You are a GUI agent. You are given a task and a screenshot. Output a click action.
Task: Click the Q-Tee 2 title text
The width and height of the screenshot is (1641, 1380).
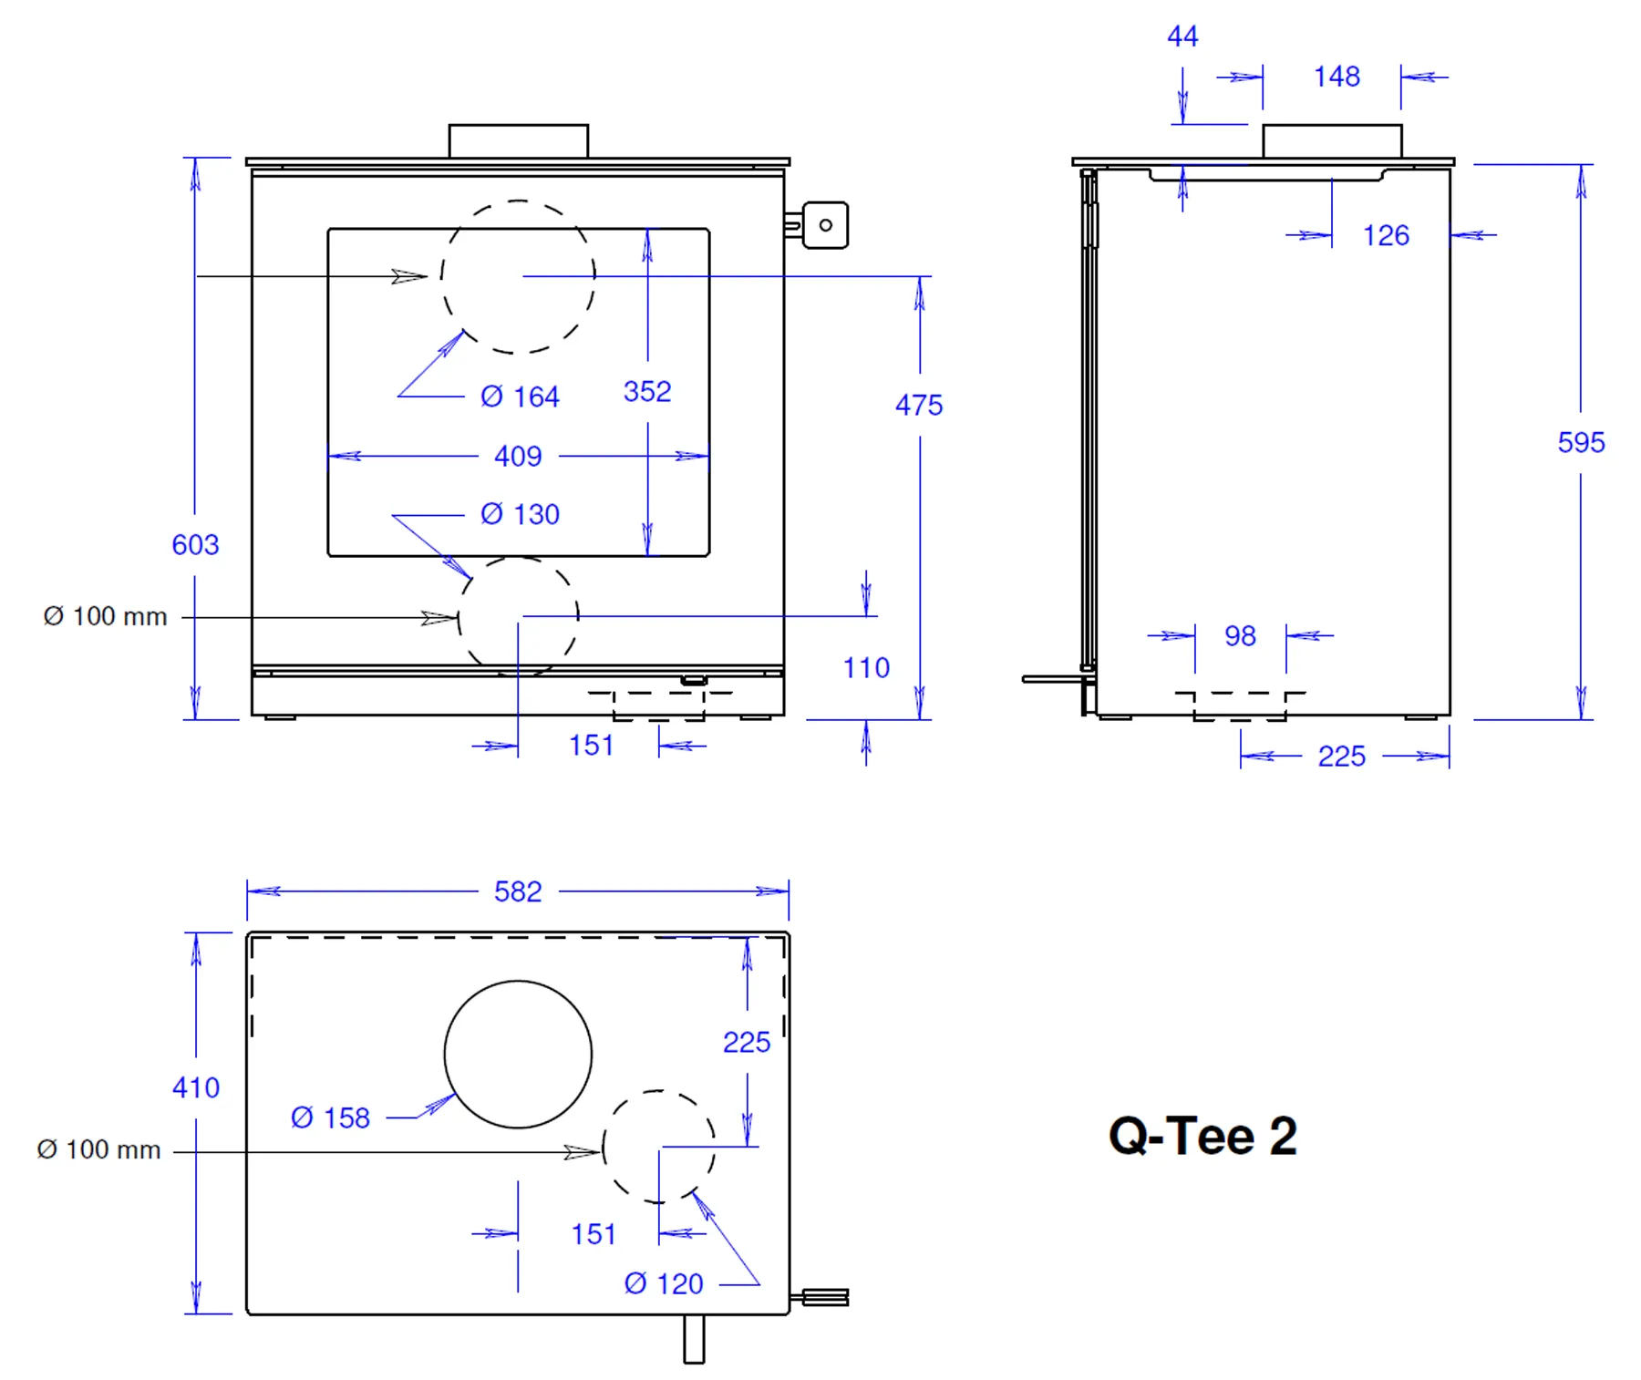pyautogui.click(x=1202, y=1136)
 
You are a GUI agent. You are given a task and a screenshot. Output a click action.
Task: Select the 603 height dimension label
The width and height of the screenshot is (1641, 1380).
pyautogui.click(x=195, y=545)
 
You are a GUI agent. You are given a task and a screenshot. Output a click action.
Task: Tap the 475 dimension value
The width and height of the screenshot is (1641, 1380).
pyautogui.click(x=919, y=405)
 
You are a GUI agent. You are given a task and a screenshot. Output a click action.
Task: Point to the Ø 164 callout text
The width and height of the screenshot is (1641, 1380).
pyautogui.click(x=520, y=396)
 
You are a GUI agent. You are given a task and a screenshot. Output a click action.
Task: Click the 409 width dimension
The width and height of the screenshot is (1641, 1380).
pyautogui.click(x=518, y=456)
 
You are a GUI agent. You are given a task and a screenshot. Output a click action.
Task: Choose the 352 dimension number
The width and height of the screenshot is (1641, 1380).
pyautogui.click(x=647, y=391)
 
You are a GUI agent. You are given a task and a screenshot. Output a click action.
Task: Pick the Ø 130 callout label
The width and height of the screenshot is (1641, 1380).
pyautogui.click(x=520, y=514)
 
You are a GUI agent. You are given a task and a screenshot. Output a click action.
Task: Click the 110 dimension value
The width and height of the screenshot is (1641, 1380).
pyautogui.click(x=866, y=667)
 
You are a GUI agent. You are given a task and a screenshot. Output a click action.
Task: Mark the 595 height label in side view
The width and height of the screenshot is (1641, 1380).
pyautogui.click(x=1581, y=442)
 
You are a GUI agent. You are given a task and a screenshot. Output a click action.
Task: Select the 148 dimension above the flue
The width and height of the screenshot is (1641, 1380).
pyautogui.click(x=1337, y=77)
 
